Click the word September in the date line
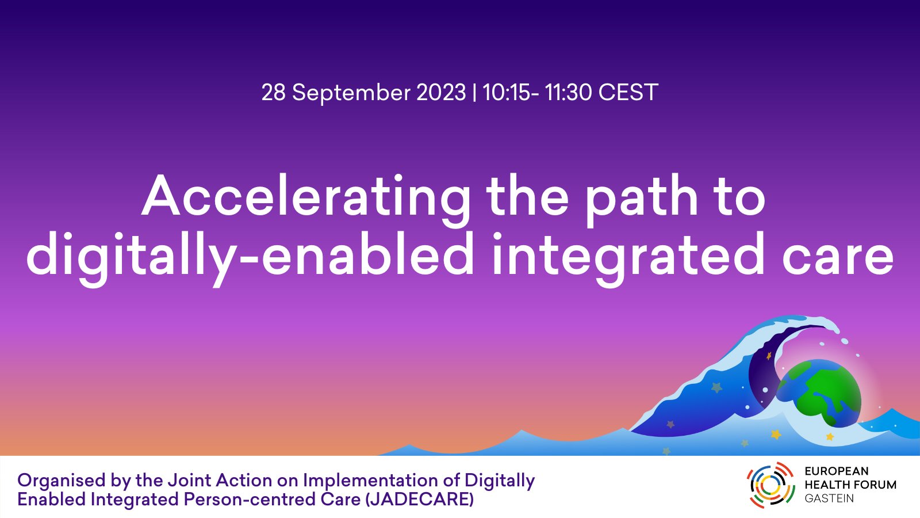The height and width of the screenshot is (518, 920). point(351,93)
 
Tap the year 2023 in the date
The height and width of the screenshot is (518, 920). point(441,93)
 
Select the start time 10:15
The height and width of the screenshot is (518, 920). point(507,93)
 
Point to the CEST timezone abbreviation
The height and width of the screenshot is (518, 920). point(628,93)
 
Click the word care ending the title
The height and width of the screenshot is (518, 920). point(838,260)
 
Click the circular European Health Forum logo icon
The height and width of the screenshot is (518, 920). point(771,486)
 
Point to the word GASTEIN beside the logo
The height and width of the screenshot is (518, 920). point(829,498)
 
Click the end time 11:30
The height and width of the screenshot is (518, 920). point(568,93)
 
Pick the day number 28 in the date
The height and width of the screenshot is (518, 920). point(274,93)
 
